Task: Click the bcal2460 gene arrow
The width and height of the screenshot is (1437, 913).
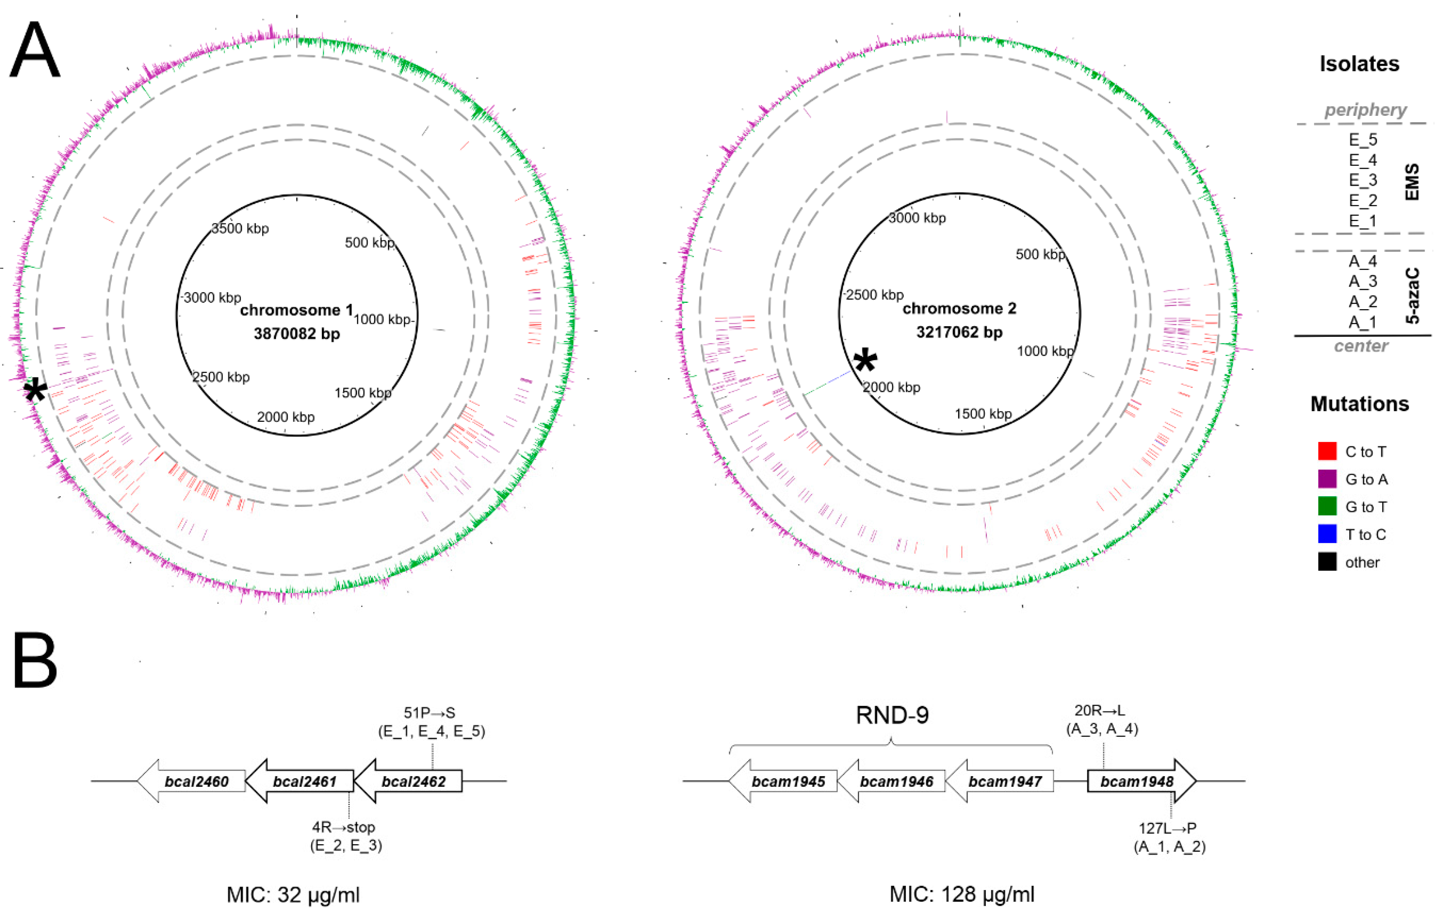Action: [x=192, y=781]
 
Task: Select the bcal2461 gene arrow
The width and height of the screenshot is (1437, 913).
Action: [x=301, y=781]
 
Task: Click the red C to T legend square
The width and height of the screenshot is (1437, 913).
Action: [x=1327, y=451]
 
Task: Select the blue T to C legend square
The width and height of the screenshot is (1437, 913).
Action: [x=1327, y=534]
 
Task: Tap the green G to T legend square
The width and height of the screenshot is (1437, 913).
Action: [x=1327, y=507]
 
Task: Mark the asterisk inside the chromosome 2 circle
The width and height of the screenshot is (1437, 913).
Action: [x=865, y=362]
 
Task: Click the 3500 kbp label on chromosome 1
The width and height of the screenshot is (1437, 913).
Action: [x=240, y=229]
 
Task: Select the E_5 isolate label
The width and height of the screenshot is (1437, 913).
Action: [x=1363, y=140]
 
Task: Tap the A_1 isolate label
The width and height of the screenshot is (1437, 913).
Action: [x=1363, y=322]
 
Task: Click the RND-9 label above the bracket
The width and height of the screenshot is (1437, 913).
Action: [x=892, y=715]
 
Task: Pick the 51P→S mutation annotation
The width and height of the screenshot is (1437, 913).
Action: [x=430, y=713]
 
